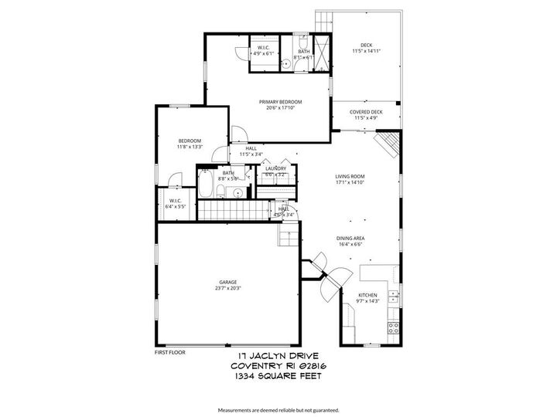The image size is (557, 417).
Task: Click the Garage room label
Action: (227, 282)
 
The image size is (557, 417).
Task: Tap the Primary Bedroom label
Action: (280, 102)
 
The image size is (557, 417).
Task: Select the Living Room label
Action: (350, 176)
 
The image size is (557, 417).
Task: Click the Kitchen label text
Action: (367, 295)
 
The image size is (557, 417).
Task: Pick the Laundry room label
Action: (275, 168)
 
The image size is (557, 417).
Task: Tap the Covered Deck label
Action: (366, 112)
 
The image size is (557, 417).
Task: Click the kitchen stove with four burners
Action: (393, 327)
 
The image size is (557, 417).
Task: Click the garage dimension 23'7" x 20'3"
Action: (227, 288)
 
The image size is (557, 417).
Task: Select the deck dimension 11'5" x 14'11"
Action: (366, 51)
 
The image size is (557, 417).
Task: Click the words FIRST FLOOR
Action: (170, 351)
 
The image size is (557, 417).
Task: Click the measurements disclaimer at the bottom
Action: (278, 409)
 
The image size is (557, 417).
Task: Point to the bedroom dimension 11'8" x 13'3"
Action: (190, 147)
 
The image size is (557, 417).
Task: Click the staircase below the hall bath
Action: (227, 210)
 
